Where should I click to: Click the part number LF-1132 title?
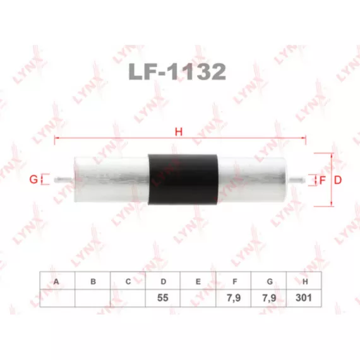click(177, 71)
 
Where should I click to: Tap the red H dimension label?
click(179, 132)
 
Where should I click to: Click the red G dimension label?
click(33, 179)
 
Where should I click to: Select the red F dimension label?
click(322, 180)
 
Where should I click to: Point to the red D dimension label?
click(338, 180)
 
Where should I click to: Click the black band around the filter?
click(183, 179)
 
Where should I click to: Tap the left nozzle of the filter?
click(64, 179)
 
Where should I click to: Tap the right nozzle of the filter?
click(296, 179)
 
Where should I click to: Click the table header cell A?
click(57, 280)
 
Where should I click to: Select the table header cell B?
click(92, 280)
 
